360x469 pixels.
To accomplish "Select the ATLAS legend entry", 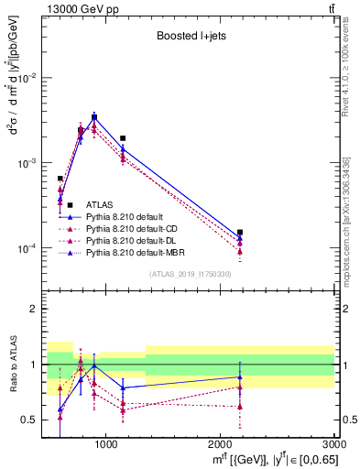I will click(x=99, y=205).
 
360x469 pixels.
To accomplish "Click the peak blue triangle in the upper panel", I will click(x=94, y=116).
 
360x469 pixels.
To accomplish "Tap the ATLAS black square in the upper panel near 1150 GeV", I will click(x=123, y=138).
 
